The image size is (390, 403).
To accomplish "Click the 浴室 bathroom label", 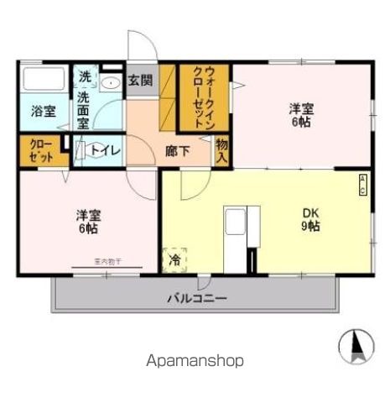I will click(x=43, y=111).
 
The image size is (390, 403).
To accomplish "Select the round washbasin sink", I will click(x=111, y=83).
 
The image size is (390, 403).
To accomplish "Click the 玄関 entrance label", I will click(x=140, y=81).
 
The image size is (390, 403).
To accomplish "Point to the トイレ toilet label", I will click(x=105, y=151).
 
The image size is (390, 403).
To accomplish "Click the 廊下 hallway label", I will click(x=177, y=152).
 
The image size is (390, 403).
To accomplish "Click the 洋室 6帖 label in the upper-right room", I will click(x=302, y=115).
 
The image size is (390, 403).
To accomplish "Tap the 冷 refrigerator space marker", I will click(x=174, y=260).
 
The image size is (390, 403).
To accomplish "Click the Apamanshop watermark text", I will click(x=195, y=361).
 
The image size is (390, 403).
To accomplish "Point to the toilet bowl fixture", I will click(x=82, y=151).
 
